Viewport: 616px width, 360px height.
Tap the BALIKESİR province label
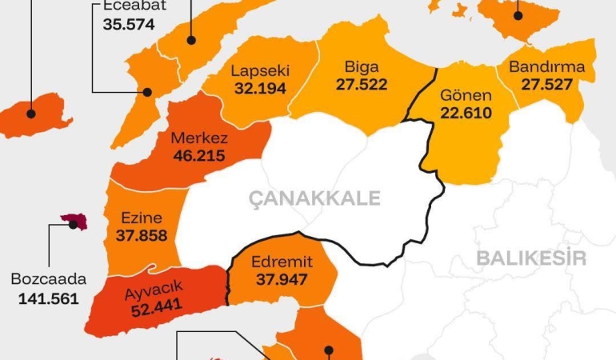point(531,258)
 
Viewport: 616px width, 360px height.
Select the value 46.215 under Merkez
point(198,157)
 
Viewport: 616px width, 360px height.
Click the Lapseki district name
point(260,71)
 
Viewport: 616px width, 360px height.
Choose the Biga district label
point(361,66)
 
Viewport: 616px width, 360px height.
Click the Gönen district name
point(466,96)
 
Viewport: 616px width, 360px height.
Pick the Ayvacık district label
point(154,288)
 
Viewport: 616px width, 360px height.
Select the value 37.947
point(282,280)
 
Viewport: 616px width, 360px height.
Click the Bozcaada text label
point(49,281)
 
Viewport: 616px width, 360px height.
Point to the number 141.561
point(49,298)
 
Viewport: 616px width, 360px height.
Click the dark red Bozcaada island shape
point(73,221)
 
